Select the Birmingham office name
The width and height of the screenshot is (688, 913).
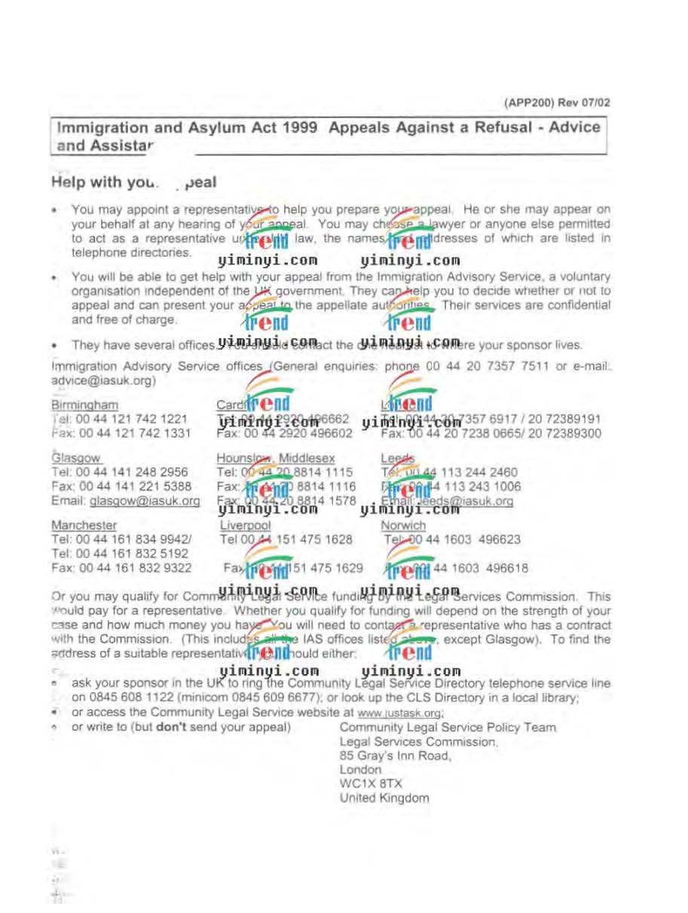coord(84,405)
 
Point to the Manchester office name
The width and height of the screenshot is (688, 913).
coord(84,525)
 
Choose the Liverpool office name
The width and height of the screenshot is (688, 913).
coord(246,525)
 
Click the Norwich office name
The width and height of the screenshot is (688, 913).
coord(403,525)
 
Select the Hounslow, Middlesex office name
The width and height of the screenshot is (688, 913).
coord(276,458)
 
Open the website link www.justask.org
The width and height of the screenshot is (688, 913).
coord(399,712)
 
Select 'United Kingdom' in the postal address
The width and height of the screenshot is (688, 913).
coord(384,798)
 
